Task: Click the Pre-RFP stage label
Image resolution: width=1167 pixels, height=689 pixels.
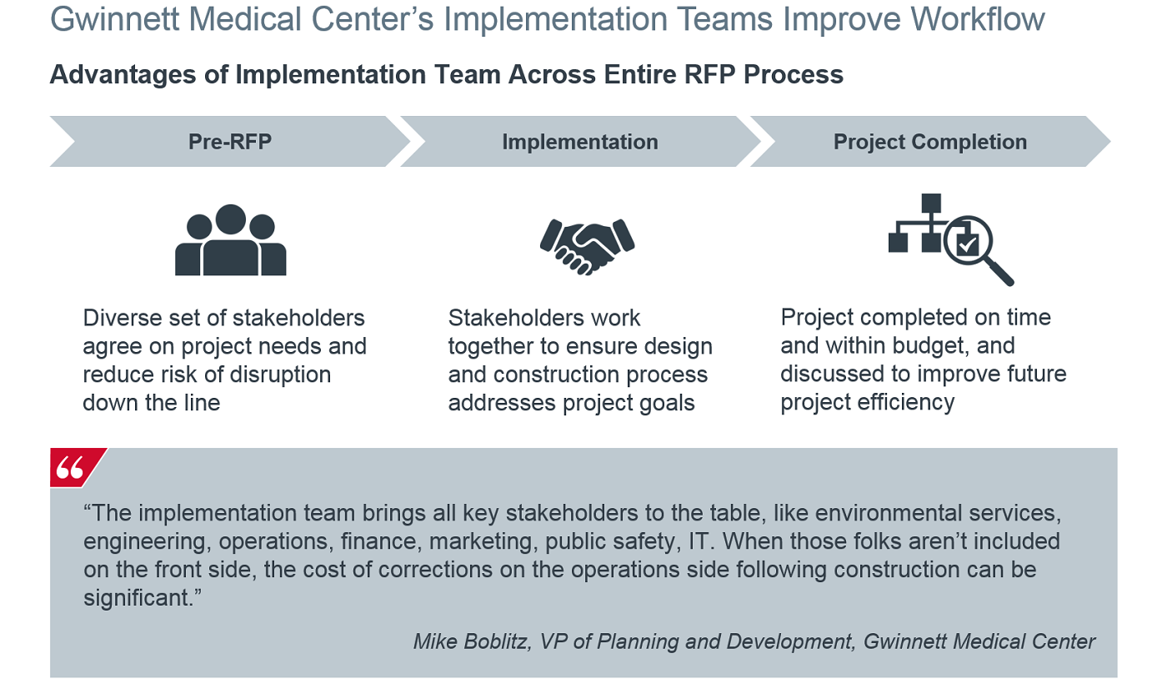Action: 230,142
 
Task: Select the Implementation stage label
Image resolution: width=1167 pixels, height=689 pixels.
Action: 580,143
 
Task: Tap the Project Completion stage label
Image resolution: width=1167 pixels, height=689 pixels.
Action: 930,143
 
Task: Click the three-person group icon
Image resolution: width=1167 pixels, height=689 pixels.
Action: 230,239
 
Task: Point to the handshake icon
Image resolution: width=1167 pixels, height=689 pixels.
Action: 587,247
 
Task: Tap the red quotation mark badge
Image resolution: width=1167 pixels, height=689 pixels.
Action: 77,467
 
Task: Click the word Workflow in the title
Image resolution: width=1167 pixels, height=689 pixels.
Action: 977,20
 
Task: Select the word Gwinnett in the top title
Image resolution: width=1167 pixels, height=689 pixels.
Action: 115,20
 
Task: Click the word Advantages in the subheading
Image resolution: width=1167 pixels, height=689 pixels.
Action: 123,75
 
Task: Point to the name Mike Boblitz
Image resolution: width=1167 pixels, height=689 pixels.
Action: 472,641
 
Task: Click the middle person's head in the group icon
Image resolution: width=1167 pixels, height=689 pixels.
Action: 230,219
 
